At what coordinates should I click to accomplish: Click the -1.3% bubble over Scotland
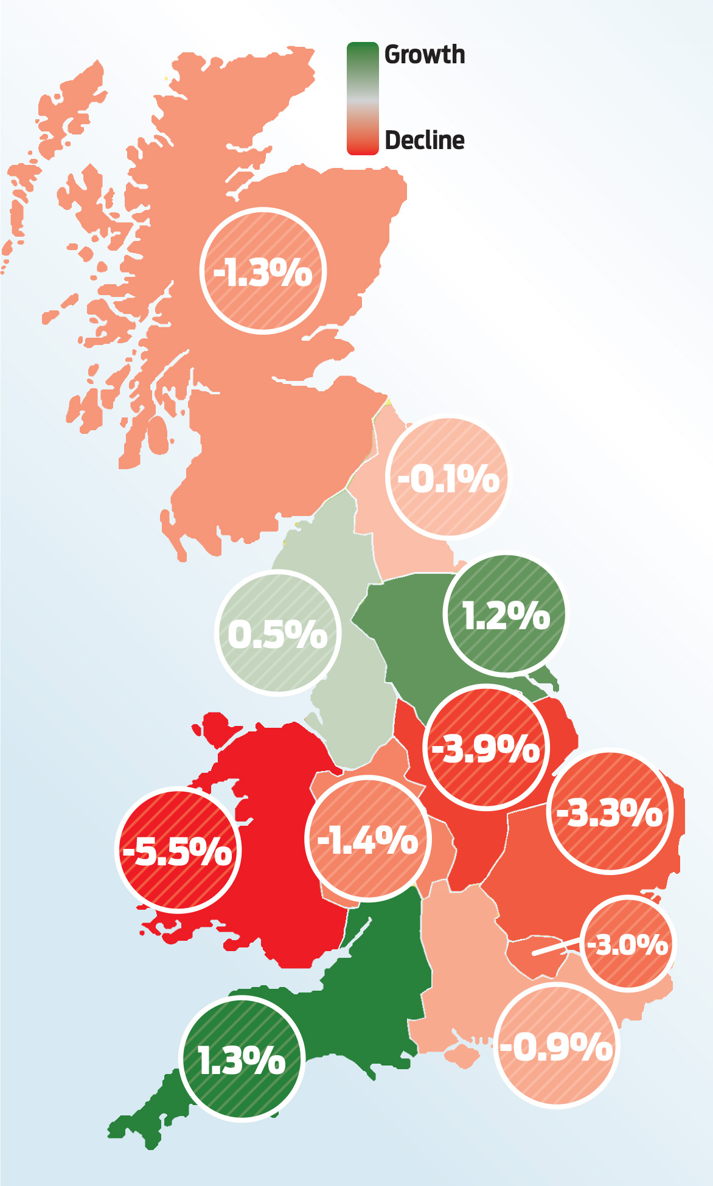point(263,271)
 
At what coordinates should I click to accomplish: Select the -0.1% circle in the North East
point(448,478)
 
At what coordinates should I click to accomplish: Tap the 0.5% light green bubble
point(277,633)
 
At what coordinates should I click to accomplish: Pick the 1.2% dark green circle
point(506,615)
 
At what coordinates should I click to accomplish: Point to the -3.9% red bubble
point(485,748)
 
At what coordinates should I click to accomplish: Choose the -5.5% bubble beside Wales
point(178,850)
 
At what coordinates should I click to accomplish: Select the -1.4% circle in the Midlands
point(368,839)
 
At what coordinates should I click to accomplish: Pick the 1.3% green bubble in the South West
point(242,1059)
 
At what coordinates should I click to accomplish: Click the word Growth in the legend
point(425,55)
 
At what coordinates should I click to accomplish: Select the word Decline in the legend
point(425,141)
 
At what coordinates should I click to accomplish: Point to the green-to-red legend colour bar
point(363,98)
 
